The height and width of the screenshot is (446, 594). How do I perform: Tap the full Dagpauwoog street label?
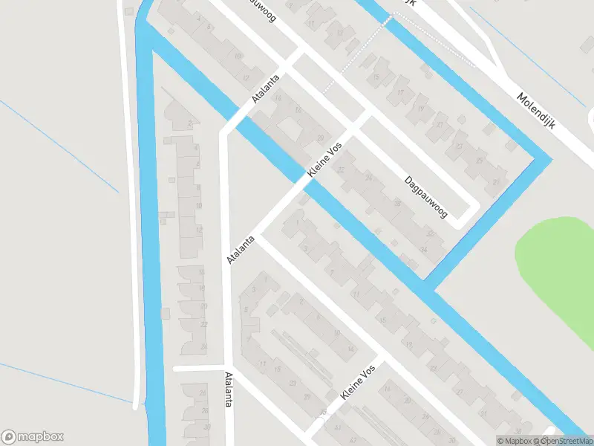pos(426,197)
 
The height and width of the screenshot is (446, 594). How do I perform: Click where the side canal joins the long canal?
pos(429,287)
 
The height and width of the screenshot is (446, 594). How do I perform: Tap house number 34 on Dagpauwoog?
pos(423,250)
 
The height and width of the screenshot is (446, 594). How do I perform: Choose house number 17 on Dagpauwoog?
pos(400,93)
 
